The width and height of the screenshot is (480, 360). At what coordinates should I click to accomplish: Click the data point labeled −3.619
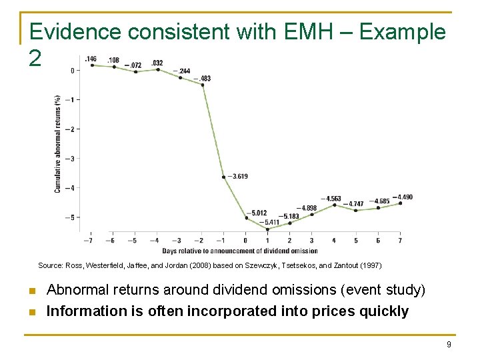[x=224, y=177]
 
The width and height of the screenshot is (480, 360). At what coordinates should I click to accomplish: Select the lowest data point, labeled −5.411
[x=267, y=229]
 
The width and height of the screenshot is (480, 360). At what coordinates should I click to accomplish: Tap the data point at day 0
[x=246, y=218]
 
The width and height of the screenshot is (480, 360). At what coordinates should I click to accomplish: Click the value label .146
[x=90, y=59]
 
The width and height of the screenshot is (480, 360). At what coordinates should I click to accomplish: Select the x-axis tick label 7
[x=400, y=241]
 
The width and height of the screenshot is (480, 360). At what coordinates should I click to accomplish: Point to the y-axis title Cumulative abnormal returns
[x=58, y=143]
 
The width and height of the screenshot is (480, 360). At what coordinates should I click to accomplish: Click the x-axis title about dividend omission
[x=240, y=251]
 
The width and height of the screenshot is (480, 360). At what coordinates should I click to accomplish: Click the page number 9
[x=449, y=344]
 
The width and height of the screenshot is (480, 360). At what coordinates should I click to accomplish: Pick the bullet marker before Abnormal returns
[x=31, y=291]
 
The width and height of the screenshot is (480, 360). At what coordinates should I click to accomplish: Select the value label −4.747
[x=353, y=203]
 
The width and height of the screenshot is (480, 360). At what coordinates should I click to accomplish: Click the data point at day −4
[x=158, y=69]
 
